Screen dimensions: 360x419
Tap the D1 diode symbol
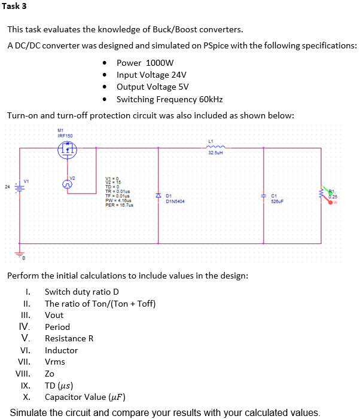tap(158, 196)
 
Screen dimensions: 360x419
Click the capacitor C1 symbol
tap(264, 195)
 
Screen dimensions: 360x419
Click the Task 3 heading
tap(14, 7)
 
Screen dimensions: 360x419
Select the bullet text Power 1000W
tap(145, 63)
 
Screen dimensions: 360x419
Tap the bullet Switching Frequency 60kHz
tap(169, 99)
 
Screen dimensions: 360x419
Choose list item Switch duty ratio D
tap(82, 292)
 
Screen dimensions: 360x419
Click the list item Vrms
tap(55, 362)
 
